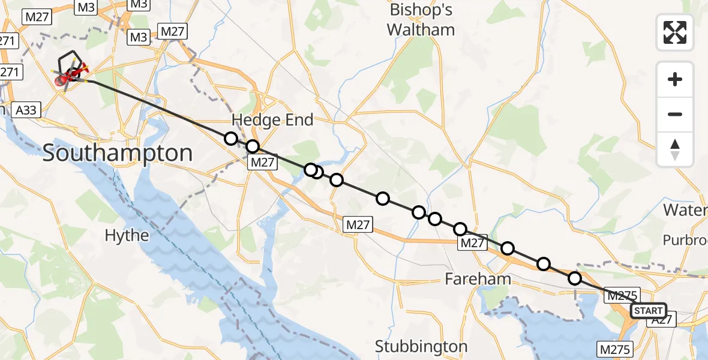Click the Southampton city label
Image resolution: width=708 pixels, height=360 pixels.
click(118, 154)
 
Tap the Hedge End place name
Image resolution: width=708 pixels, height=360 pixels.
click(272, 120)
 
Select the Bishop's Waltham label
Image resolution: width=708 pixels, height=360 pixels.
click(421, 20)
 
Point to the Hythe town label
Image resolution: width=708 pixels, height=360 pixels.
click(127, 235)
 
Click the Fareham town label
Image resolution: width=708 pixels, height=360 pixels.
click(478, 279)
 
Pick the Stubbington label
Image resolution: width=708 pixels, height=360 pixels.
click(421, 346)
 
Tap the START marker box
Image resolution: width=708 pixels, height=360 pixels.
click(648, 311)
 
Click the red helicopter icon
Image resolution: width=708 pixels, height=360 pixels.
click(70, 76)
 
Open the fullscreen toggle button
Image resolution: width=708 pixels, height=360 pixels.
click(675, 32)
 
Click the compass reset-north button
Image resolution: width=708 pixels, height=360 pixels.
click(675, 149)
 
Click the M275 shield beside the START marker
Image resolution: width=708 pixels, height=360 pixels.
click(622, 295)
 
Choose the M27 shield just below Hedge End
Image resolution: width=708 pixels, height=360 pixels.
click(263, 161)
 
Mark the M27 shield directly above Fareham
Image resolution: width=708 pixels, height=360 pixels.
click(471, 242)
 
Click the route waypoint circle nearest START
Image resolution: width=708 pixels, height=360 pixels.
click(574, 278)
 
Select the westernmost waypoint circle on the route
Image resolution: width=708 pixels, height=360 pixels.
click(230, 139)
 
